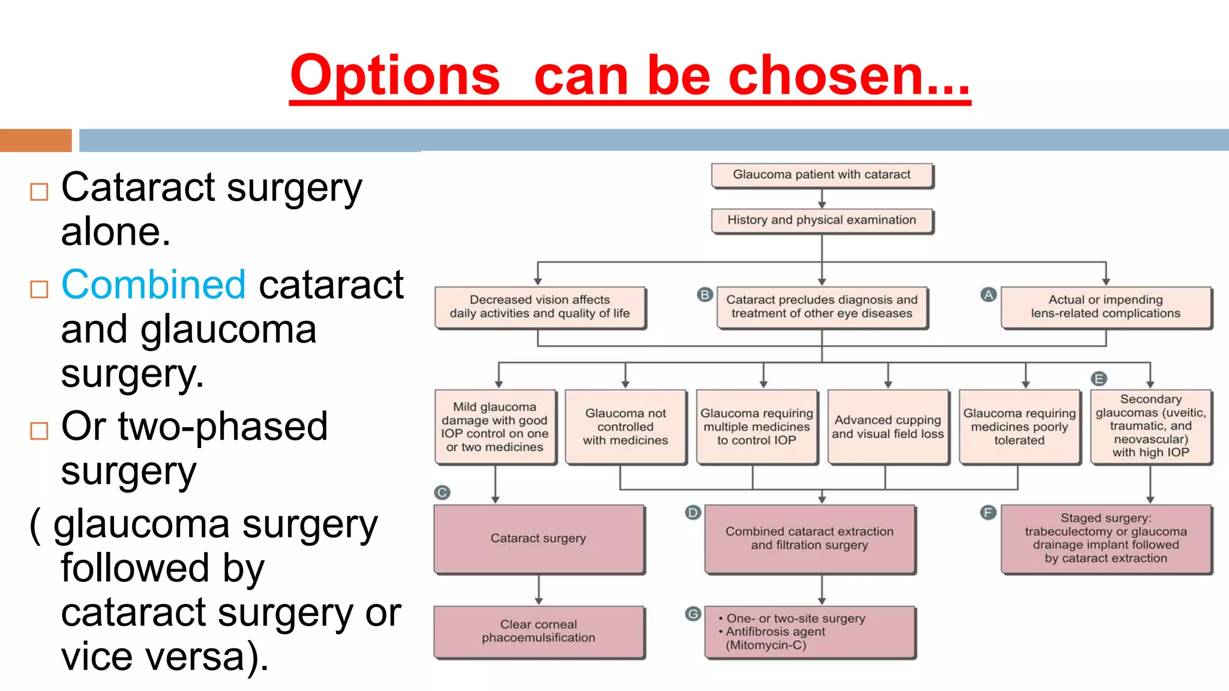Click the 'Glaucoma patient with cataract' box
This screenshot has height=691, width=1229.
(822, 175)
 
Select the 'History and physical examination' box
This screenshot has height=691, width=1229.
(822, 220)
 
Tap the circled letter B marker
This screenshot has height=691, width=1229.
(705, 295)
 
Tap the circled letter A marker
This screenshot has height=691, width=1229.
(988, 295)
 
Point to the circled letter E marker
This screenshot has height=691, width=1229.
(1098, 378)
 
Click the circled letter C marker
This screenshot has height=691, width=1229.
(442, 492)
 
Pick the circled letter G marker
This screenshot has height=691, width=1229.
(693, 614)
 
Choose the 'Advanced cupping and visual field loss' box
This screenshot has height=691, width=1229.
(888, 427)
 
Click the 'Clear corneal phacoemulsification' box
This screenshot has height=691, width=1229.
(538, 632)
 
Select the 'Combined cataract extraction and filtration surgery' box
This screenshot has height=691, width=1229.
(810, 539)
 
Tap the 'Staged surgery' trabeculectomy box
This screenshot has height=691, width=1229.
(1105, 539)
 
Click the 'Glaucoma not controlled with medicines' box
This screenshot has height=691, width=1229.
(625, 427)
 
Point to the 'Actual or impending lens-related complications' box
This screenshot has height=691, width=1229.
(1105, 307)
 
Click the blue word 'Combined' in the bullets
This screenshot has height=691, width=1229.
(154, 284)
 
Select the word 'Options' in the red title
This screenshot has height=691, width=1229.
(394, 76)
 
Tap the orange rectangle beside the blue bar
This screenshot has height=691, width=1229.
(35, 140)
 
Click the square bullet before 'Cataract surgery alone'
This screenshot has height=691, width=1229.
(39, 192)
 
